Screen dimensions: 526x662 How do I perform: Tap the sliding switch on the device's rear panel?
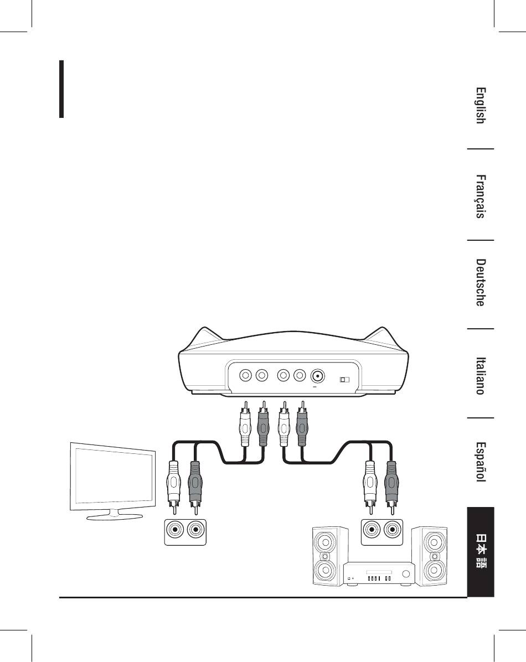pyautogui.click(x=345, y=380)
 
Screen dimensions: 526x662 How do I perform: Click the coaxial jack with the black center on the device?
pyautogui.click(x=318, y=376)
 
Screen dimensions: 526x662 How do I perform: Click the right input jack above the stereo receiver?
pyautogui.click(x=392, y=530)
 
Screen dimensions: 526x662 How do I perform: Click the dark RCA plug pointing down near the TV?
pyautogui.click(x=194, y=484)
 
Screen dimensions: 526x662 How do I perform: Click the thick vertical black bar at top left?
pyautogui.click(x=62, y=89)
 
